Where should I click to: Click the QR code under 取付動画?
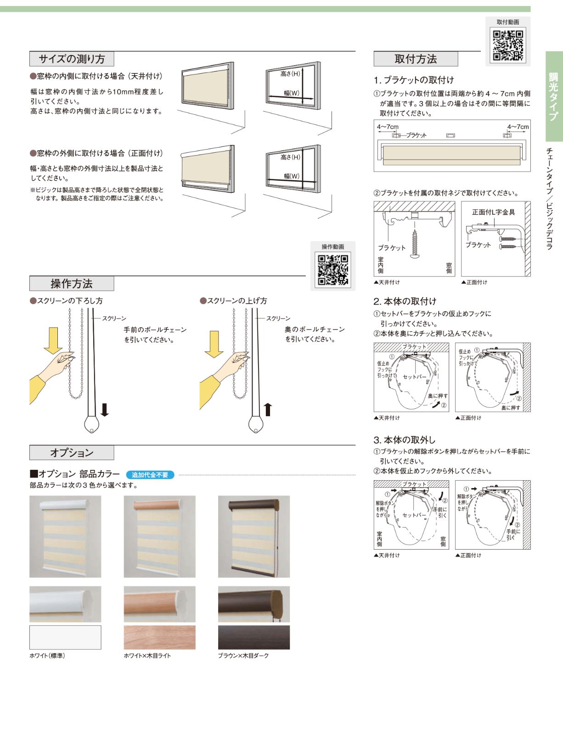508,45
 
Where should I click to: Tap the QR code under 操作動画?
333,270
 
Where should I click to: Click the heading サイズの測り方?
72,59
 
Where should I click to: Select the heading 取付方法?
416,59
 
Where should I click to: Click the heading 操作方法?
72,284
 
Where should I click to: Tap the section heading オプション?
72,453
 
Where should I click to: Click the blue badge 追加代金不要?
150,475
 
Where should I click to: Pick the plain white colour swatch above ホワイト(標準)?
65,637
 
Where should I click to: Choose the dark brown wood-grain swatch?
253,637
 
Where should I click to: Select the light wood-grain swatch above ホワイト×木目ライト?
159,637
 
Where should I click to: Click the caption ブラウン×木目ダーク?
243,656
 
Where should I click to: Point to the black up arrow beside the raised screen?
268,409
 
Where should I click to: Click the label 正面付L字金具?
493,212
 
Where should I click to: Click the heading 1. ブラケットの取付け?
413,80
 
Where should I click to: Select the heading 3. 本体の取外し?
404,440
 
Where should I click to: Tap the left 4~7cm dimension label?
388,127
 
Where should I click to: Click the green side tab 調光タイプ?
554,96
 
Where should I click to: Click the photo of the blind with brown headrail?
253,536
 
